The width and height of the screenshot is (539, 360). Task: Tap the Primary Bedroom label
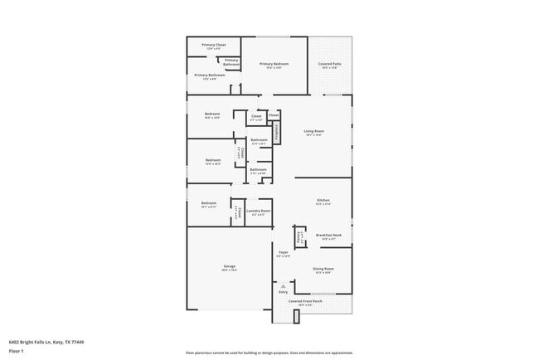pyautogui.click(x=274, y=65)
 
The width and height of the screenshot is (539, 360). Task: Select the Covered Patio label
pyautogui.click(x=330, y=65)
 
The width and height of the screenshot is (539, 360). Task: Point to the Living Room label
pyautogui.click(x=313, y=132)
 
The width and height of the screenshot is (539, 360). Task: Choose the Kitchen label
pyautogui.click(x=323, y=202)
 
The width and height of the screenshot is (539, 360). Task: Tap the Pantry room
pyautogui.click(x=299, y=236)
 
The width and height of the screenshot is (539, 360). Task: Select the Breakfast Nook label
pyautogui.click(x=329, y=236)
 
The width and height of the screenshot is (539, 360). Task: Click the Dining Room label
pyautogui.click(x=323, y=270)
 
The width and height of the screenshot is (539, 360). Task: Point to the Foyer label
pyautogui.click(x=283, y=252)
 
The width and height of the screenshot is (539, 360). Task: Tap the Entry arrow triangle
pyautogui.click(x=282, y=286)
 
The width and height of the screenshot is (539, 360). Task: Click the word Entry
pyautogui.click(x=283, y=292)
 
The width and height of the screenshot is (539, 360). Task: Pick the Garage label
pyautogui.click(x=229, y=267)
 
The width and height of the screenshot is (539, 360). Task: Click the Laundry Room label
pyautogui.click(x=259, y=212)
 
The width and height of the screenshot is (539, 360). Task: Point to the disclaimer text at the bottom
pyautogui.click(x=269, y=351)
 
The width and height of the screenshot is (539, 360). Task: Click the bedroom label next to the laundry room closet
pyautogui.click(x=208, y=204)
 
